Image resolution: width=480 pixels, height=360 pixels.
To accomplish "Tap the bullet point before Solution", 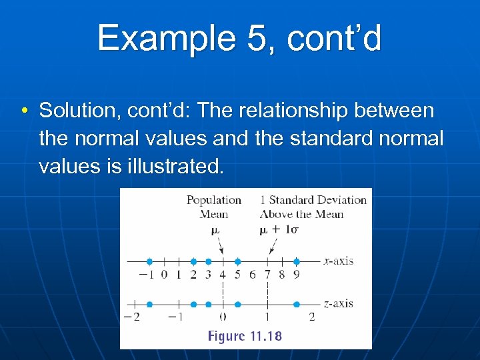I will [x=24, y=110].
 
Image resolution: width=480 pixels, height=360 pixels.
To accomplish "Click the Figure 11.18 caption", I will [x=245, y=336].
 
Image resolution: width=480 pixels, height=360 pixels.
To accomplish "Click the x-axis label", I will [x=338, y=261].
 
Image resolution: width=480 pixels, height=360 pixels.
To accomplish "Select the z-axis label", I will [x=338, y=303].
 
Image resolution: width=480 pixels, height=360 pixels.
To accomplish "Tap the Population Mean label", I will [x=213, y=207].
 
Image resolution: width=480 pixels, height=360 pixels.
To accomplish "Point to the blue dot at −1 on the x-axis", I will [x=149, y=261].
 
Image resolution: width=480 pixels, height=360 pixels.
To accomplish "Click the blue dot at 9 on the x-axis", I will [x=297, y=261].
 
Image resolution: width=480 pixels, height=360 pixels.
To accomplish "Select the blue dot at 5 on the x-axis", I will [x=237, y=261].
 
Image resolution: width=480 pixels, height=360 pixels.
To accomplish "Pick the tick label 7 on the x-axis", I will [x=267, y=275].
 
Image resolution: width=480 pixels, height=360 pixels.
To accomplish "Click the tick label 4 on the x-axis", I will [x=223, y=275].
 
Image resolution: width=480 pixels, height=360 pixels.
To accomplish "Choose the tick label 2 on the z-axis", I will [x=311, y=317].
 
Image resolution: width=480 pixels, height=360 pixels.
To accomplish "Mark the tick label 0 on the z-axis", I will [x=223, y=317].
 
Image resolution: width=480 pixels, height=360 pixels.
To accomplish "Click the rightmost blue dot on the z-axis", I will [x=297, y=304].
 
